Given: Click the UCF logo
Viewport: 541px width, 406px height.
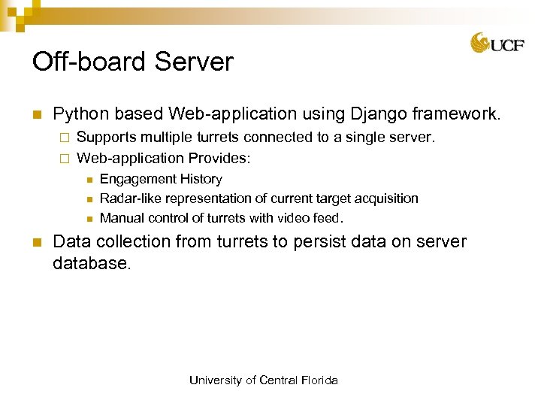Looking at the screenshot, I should [x=497, y=44].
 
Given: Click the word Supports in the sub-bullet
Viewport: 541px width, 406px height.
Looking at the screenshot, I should [x=104, y=138].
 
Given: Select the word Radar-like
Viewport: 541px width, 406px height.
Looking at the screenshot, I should [x=129, y=198].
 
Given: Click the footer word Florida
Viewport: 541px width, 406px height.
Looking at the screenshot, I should [x=319, y=380].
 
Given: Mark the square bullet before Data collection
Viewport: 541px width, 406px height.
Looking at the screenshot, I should [x=35, y=243].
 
